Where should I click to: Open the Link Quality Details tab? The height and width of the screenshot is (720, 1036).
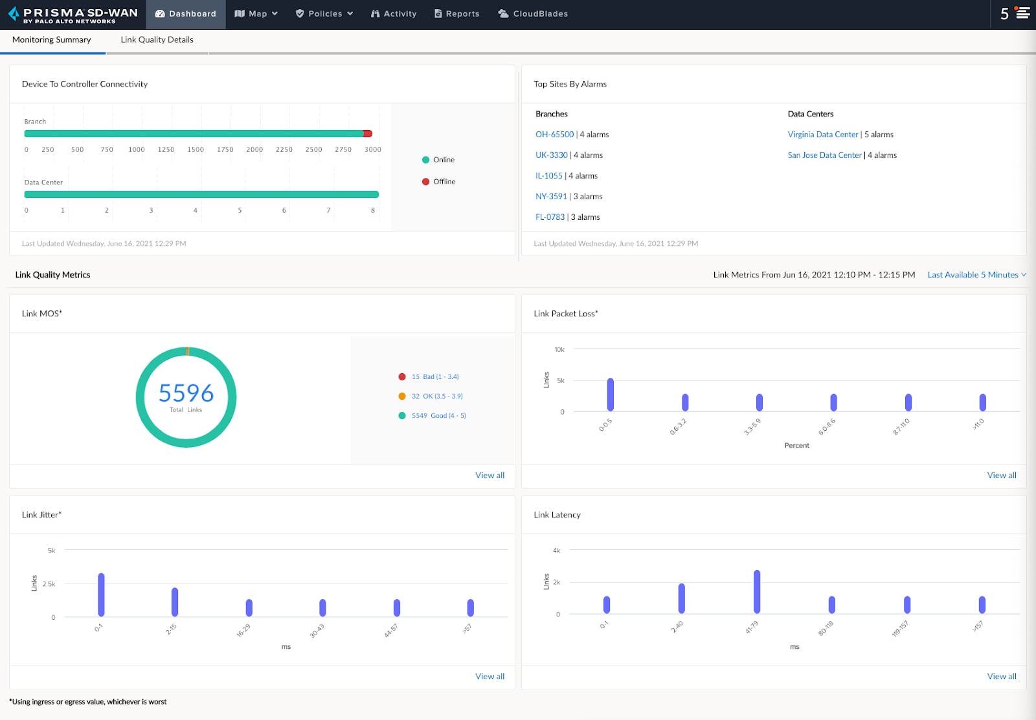[x=157, y=39]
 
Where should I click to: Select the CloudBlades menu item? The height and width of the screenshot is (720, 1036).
[x=533, y=14]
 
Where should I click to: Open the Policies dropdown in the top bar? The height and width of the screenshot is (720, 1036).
[x=324, y=14]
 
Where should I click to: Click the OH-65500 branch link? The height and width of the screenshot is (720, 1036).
[x=554, y=135]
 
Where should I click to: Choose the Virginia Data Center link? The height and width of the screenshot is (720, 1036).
[x=822, y=135]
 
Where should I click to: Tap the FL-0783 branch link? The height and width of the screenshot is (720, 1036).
[x=550, y=217]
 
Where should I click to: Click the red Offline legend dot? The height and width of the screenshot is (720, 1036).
[x=425, y=182]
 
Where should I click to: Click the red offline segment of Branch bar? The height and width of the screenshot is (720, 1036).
[x=368, y=134]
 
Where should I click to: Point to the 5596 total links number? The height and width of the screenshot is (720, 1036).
[x=186, y=393]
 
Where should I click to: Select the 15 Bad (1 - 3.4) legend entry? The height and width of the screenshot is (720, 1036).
[x=434, y=376]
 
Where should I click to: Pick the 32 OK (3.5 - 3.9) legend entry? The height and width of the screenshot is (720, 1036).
[x=436, y=396]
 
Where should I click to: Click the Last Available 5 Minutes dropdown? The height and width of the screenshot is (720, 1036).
[x=976, y=275]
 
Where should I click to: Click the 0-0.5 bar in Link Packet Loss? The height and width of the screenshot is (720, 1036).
[x=610, y=395]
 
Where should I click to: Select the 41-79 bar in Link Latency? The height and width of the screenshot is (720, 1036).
[x=756, y=591]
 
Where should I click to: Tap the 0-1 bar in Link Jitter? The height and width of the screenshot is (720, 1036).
[x=101, y=595]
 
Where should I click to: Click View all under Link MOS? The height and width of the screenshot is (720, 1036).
[x=490, y=475]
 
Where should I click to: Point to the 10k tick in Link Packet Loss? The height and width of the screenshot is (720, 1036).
[x=559, y=349]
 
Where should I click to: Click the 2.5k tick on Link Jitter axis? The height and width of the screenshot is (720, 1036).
[x=49, y=584]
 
